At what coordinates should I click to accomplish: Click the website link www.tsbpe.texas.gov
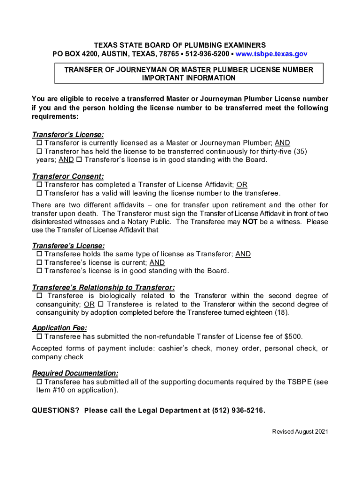click(271, 54)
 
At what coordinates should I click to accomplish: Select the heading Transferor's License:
click(68, 135)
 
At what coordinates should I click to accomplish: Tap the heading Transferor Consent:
click(68, 176)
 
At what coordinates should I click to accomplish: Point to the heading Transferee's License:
click(68, 246)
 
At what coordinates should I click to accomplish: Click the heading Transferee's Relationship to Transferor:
click(103, 287)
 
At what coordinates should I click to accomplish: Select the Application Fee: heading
click(59, 328)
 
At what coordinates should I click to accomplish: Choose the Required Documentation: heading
click(75, 373)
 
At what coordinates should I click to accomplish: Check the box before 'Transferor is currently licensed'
click(39, 143)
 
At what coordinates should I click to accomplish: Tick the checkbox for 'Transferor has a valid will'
click(39, 193)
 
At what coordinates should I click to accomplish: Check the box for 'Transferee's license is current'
click(39, 262)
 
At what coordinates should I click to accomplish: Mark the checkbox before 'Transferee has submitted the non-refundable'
click(39, 336)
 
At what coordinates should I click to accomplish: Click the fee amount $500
click(293, 336)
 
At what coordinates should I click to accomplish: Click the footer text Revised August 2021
click(300, 432)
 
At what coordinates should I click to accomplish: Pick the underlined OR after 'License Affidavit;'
click(242, 185)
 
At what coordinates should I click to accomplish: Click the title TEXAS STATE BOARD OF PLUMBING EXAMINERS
click(180, 45)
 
